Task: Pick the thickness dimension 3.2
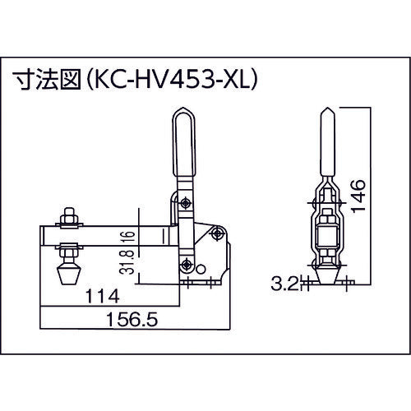coord(284,288)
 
